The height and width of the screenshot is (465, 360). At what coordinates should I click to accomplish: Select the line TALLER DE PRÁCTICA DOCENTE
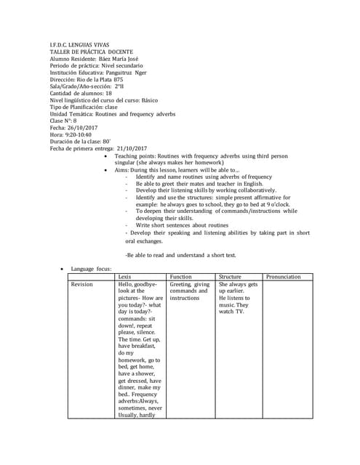click(86, 52)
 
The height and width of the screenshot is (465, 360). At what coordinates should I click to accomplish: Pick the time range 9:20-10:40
click(81, 134)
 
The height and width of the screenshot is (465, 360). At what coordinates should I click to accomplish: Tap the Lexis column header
click(124, 277)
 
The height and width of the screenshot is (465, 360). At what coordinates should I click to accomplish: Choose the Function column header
click(180, 277)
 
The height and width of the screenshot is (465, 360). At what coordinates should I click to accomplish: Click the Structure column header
click(230, 277)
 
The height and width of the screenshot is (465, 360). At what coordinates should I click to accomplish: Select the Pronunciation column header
click(283, 277)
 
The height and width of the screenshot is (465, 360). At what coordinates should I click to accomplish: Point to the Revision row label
click(82, 285)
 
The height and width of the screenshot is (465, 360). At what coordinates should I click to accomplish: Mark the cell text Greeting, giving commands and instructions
click(190, 291)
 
